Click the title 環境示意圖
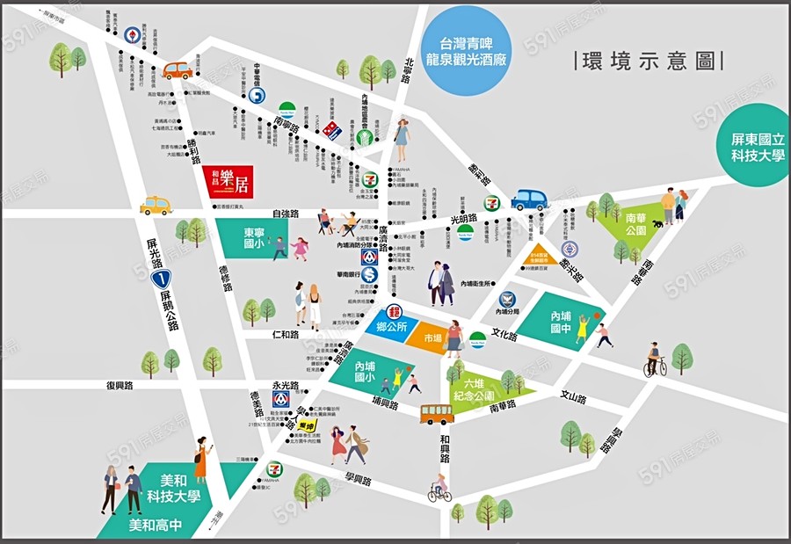pos(647,61)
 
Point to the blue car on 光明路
pos(530,199)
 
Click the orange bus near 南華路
pos(437,413)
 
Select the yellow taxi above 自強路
pos(156,206)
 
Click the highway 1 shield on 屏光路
pos(159,280)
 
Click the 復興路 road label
pos(119,385)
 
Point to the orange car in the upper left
pos(177,70)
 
